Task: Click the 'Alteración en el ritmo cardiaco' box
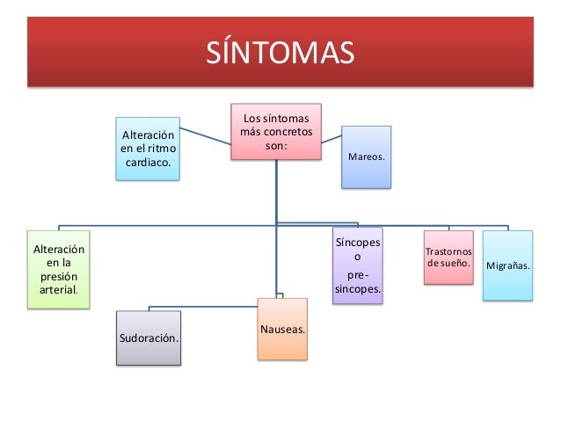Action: [148, 149]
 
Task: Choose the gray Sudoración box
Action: [149, 337]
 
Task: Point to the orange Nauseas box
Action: [282, 329]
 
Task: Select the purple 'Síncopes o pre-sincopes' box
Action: [357, 265]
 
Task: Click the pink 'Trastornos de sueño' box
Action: [448, 258]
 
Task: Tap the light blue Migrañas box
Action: [507, 265]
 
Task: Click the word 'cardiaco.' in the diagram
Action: [148, 163]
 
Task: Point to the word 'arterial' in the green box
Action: [56, 289]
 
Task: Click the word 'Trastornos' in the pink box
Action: [448, 252]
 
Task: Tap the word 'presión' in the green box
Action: [58, 276]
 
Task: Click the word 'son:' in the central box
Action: [275, 147]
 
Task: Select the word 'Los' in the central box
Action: [251, 118]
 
